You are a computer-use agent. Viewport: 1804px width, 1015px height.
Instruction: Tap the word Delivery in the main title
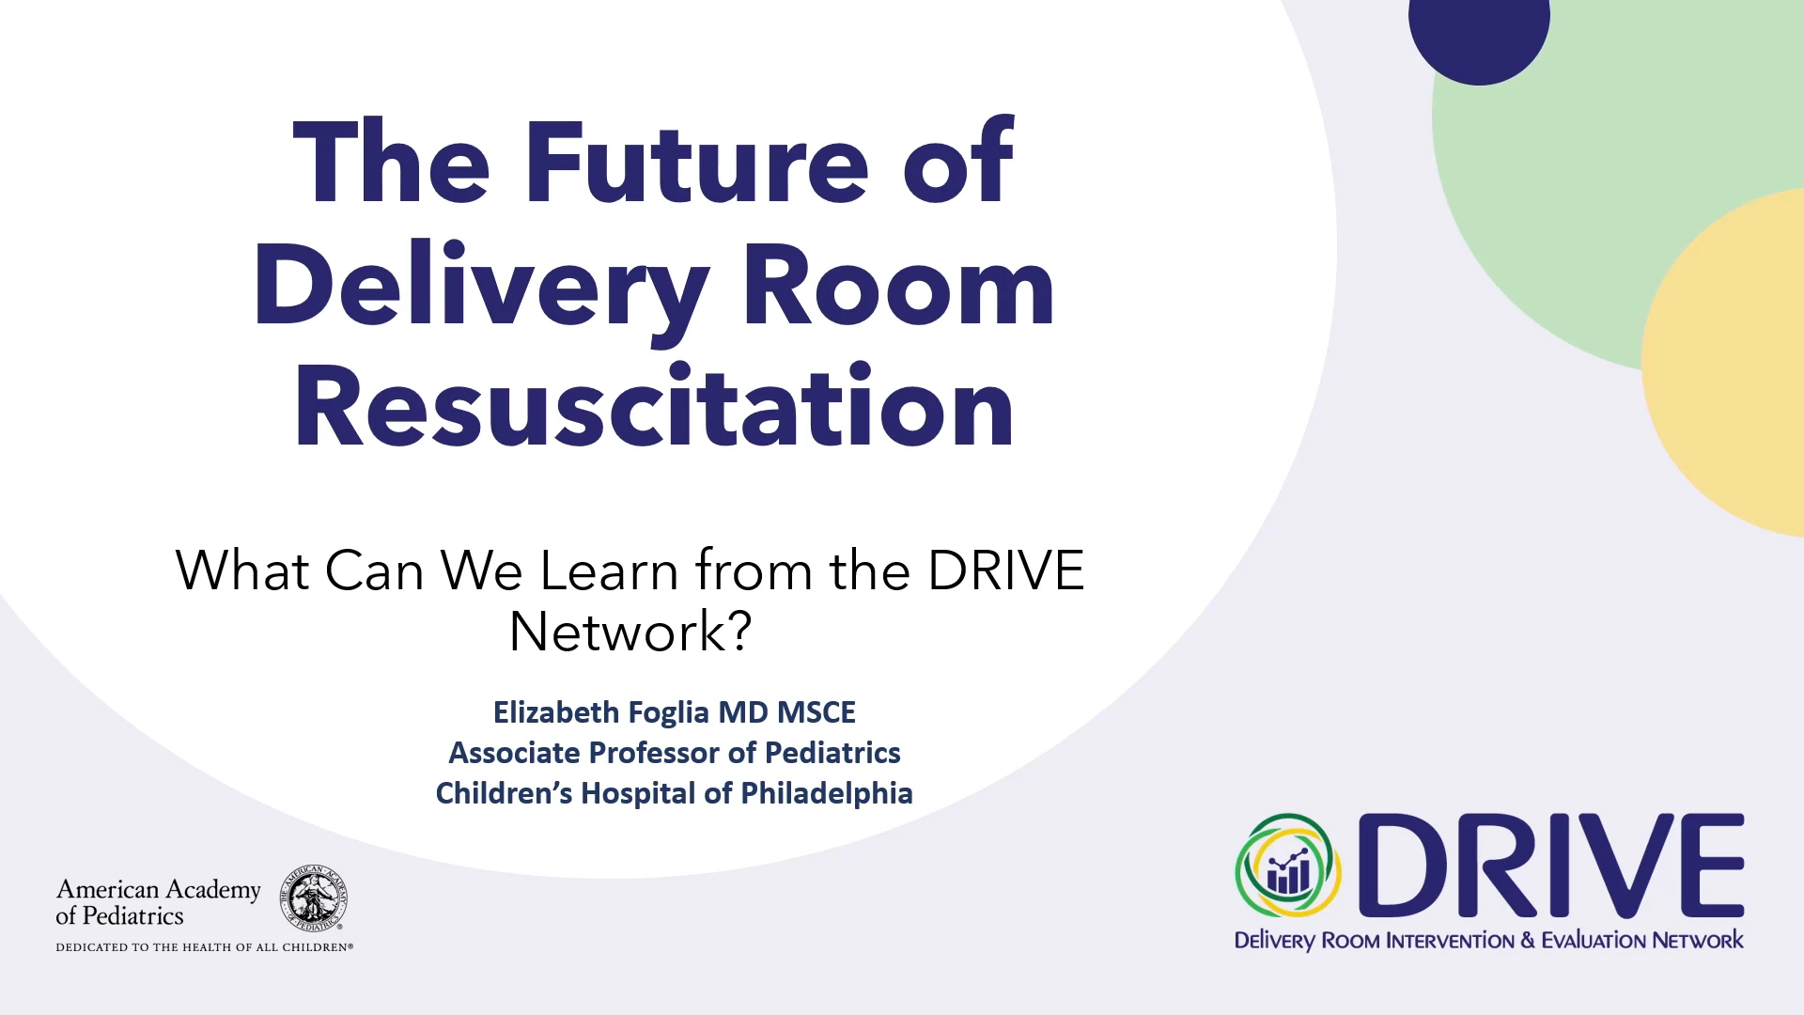(x=481, y=288)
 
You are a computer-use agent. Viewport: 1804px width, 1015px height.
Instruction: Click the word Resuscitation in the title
(x=654, y=406)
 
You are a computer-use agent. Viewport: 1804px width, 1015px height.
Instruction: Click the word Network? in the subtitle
(x=630, y=631)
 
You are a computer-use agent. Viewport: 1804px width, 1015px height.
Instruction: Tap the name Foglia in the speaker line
(x=668, y=712)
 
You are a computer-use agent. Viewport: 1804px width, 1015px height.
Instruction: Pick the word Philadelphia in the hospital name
(x=827, y=793)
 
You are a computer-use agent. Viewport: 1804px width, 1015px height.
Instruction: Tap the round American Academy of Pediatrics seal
(x=314, y=898)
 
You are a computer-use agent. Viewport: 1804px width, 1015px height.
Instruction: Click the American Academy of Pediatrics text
(x=158, y=902)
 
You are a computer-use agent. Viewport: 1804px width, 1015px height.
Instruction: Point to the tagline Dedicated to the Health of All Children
(x=205, y=947)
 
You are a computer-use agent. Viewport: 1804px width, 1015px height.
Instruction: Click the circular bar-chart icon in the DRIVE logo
(x=1288, y=866)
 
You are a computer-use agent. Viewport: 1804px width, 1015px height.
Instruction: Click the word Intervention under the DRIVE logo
(x=1451, y=941)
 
